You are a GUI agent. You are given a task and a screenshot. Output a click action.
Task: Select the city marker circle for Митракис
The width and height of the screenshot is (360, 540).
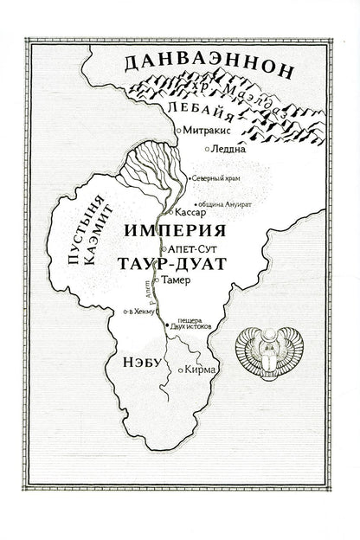(177, 129)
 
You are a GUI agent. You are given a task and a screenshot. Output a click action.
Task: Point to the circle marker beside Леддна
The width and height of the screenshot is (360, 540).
(206, 149)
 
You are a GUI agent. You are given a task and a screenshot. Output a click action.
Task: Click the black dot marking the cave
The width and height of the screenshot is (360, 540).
(167, 324)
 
